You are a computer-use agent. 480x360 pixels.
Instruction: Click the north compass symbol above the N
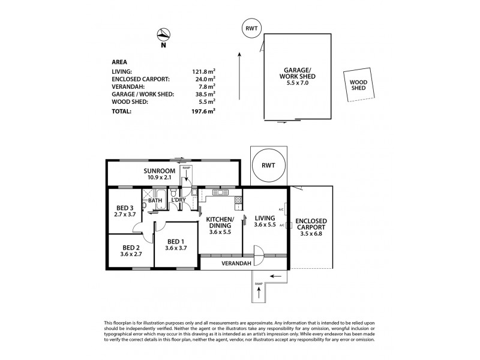click(x=164, y=34)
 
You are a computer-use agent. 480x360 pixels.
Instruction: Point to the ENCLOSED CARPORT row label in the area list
click(x=140, y=79)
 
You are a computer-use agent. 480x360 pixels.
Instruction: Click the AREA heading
click(x=119, y=61)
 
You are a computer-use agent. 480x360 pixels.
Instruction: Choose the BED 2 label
click(x=131, y=249)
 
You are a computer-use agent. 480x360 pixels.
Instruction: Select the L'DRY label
click(x=178, y=200)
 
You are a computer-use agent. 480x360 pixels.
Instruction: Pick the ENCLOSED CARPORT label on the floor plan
click(x=311, y=224)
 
